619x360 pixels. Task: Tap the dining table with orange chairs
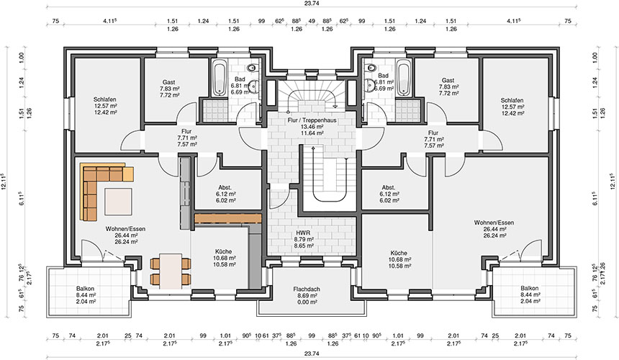point(171,271)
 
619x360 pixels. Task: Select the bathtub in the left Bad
point(220,78)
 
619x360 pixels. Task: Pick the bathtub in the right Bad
point(404,78)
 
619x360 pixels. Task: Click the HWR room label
point(303,233)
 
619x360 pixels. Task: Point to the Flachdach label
point(307,289)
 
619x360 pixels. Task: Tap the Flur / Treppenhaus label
point(312,120)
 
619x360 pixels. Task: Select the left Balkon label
point(85,289)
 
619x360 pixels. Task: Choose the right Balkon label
point(529,289)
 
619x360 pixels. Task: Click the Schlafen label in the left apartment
point(105,99)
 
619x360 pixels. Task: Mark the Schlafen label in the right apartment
point(512,100)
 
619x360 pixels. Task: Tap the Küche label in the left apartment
point(223,251)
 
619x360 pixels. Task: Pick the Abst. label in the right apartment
point(389,187)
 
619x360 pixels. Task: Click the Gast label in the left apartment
point(169,82)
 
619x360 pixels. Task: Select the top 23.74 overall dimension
point(312,3)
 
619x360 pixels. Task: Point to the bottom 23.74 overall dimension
point(312,354)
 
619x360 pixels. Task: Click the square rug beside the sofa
point(118,202)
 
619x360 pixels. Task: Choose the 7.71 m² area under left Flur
point(187,138)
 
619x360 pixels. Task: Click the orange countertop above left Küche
point(227,219)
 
